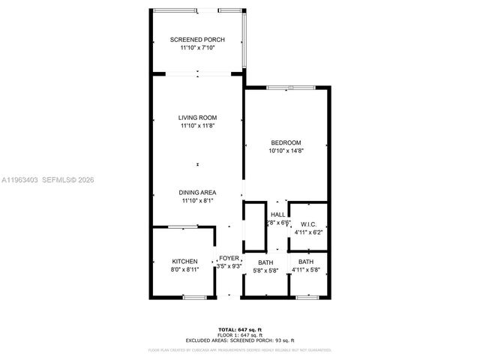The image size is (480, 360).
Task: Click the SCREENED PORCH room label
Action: (x=197, y=40)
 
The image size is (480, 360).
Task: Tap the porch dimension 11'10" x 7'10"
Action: (x=197, y=48)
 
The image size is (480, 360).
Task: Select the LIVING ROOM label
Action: (x=197, y=118)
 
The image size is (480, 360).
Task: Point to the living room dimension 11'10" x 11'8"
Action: (x=197, y=126)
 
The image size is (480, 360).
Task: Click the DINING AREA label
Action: (x=197, y=192)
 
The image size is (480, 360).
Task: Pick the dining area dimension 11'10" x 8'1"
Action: (x=197, y=200)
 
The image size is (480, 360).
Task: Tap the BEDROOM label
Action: (x=286, y=142)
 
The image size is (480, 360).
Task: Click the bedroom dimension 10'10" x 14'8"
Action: (x=286, y=151)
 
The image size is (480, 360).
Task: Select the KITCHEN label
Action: (x=184, y=262)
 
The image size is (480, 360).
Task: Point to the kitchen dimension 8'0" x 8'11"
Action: (x=184, y=270)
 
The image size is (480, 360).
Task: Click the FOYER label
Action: (x=229, y=258)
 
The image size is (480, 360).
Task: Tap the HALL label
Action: (x=277, y=214)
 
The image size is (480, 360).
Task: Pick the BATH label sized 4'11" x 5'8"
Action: (x=305, y=262)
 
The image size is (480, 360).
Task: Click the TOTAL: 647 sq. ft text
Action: (x=239, y=329)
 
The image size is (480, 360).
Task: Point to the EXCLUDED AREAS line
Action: (x=239, y=340)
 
